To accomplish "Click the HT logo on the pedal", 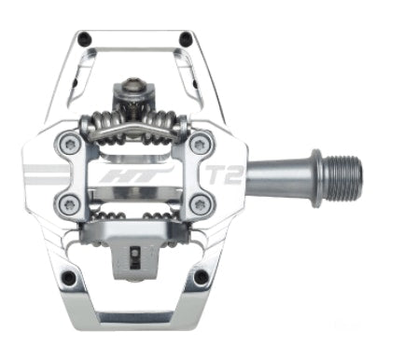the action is coord(137,176).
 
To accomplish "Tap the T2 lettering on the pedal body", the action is coord(224,174).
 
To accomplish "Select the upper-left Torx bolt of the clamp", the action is coord(67,143).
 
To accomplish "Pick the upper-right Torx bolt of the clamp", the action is coord(200,144).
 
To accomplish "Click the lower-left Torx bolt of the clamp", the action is coord(67,204).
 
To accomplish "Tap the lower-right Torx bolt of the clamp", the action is coord(200,204).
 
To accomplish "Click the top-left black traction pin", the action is coord(84,38).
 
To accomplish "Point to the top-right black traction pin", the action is coord(187,38).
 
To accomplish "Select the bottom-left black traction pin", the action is coord(69,276).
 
